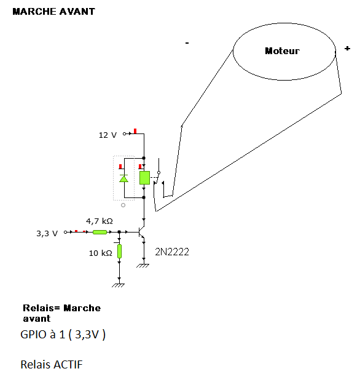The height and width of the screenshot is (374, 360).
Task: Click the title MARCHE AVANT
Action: click(x=54, y=12)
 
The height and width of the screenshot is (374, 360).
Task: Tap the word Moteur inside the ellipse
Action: click(x=282, y=51)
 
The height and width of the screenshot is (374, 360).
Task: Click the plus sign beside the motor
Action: click(x=347, y=49)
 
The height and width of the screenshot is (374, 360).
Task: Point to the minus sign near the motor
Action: click(x=187, y=43)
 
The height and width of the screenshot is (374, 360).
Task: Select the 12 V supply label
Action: click(x=108, y=135)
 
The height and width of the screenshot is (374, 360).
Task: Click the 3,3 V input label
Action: click(x=47, y=234)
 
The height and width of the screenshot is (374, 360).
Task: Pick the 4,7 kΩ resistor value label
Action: click(x=100, y=221)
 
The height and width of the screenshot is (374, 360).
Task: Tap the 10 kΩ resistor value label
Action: click(x=101, y=253)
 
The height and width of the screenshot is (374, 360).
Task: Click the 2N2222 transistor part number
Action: click(x=172, y=252)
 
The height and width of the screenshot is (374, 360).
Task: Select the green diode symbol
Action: click(x=123, y=178)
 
